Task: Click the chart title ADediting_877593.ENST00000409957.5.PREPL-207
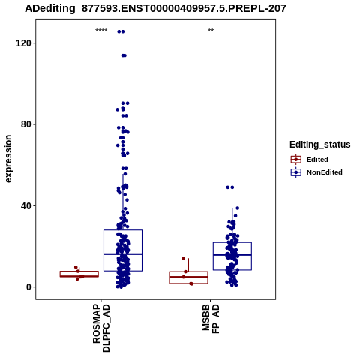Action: tap(155, 8)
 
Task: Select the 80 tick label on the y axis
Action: tap(25, 124)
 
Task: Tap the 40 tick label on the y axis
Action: tap(25, 205)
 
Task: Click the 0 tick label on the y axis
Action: tap(28, 287)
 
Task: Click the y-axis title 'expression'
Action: tap(8, 159)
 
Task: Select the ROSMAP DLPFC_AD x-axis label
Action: tap(101, 328)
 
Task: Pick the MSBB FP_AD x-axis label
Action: tap(211, 319)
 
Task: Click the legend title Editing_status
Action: tap(320, 145)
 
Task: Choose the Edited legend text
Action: tap(317, 160)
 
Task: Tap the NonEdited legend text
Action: tap(325, 172)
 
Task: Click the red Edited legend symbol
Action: tap(296, 160)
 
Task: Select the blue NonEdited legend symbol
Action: tap(296, 172)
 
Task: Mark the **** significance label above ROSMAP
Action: tap(101, 31)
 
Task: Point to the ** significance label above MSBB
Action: tap(211, 31)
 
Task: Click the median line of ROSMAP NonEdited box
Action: tap(123, 254)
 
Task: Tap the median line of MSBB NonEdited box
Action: tap(232, 255)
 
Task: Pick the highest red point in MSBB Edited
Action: tap(184, 258)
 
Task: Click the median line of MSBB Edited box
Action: tap(188, 277)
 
